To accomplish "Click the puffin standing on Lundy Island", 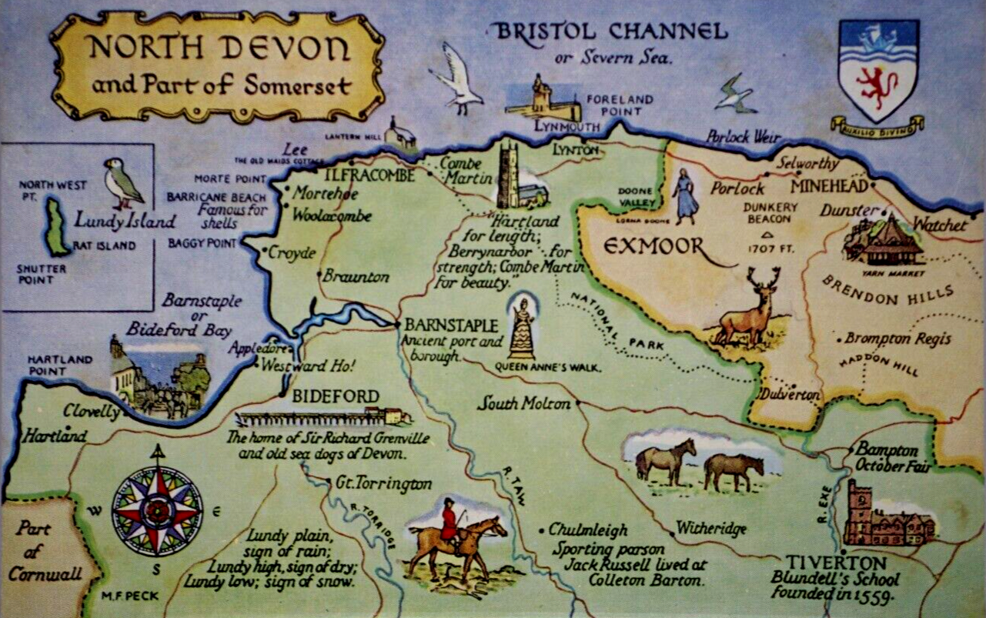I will pos(122,183).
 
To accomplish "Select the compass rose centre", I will pos(157,510).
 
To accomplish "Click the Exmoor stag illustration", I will pos(749,308).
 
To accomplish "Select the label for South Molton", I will pos(524,403).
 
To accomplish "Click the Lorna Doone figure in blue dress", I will pos(684,197).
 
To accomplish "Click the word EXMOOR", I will pos(653,247).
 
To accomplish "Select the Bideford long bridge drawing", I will pos(323,418).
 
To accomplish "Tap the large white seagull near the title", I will pos(457,78).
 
